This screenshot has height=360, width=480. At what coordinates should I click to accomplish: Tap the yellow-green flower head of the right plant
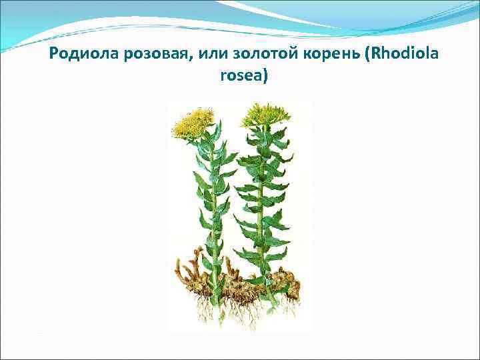pos(259,115)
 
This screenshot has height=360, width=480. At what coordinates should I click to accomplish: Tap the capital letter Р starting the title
pos(54,55)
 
